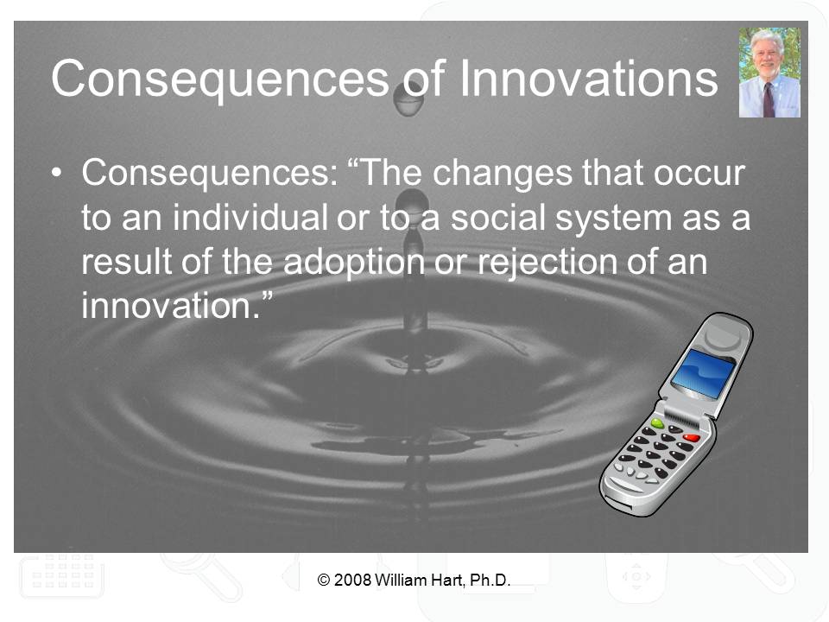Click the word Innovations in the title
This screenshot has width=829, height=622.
(588, 79)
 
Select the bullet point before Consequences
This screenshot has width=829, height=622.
(57, 174)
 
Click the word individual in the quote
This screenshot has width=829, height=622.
(250, 217)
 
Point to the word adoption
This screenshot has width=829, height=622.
(354, 263)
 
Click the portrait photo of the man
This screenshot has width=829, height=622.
(769, 72)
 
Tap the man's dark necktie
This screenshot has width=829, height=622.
(769, 99)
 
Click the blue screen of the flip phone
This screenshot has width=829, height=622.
(703, 373)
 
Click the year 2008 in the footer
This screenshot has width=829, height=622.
(352, 581)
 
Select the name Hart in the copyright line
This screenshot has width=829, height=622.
(448, 581)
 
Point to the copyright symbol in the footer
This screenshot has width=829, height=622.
(324, 581)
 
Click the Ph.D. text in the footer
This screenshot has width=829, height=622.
(490, 581)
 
